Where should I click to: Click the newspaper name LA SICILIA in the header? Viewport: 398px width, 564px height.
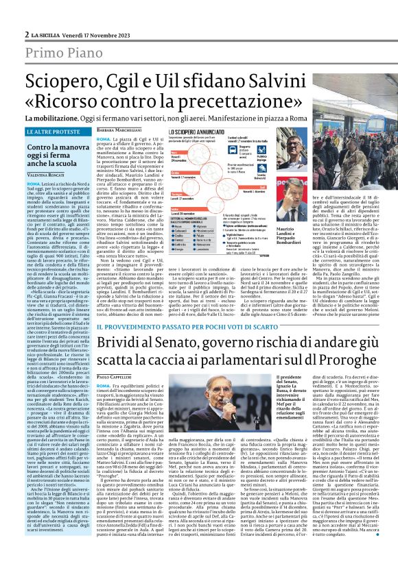pos(49,34)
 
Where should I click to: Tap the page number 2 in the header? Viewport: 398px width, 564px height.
pos(27,34)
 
